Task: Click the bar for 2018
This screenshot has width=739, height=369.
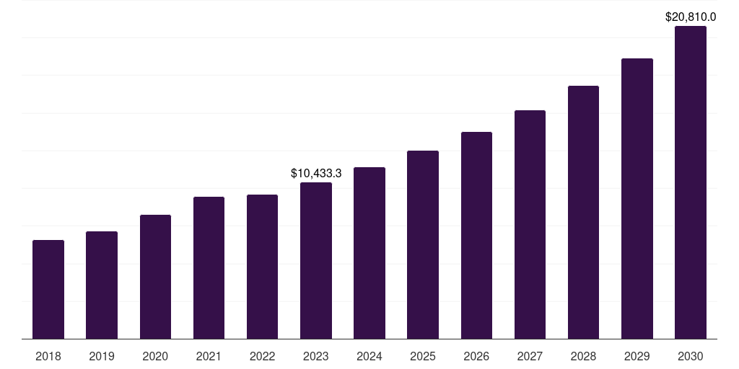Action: (x=48, y=289)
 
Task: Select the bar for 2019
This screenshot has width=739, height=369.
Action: (x=102, y=285)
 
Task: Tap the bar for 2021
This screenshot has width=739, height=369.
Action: (x=209, y=267)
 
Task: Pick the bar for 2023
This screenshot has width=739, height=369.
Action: (x=316, y=260)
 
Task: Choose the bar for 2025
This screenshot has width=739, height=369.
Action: (x=423, y=244)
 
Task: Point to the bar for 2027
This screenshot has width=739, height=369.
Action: (x=530, y=224)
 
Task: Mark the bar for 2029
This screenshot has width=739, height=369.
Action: (x=637, y=198)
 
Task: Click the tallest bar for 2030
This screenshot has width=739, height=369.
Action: (x=691, y=182)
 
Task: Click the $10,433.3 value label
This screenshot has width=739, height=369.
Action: (x=316, y=174)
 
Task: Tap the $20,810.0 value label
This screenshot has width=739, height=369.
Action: (x=691, y=17)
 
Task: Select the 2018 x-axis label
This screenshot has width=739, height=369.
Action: (x=48, y=357)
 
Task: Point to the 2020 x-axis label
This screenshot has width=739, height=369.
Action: (x=155, y=357)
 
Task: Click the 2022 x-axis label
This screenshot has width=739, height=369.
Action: (x=262, y=357)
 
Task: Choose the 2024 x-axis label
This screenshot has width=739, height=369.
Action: (x=369, y=357)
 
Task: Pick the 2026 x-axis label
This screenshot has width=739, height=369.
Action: (x=476, y=357)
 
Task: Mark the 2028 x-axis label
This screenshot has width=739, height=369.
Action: (x=583, y=357)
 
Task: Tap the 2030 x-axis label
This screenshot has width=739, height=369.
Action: (x=691, y=357)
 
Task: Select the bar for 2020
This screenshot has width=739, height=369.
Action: (x=155, y=277)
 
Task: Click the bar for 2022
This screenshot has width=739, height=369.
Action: (x=262, y=267)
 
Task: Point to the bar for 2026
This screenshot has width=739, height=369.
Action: (x=476, y=235)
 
